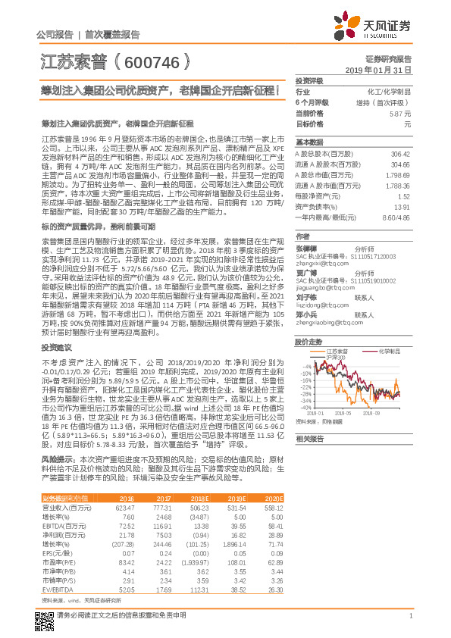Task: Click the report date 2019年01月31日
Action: [x=384, y=69]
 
